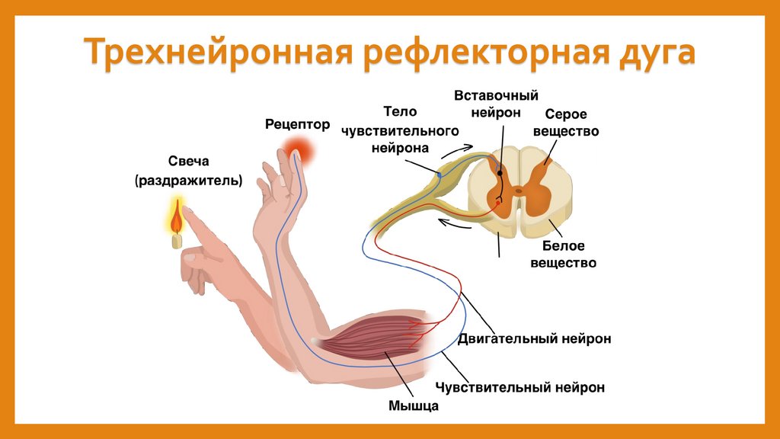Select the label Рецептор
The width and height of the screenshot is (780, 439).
pyautogui.click(x=298, y=123)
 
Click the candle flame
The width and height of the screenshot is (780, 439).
pyautogui.click(x=176, y=219)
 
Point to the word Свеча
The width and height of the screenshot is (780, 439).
pyautogui.click(x=188, y=162)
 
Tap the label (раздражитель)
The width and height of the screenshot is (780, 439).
pyautogui.click(x=188, y=181)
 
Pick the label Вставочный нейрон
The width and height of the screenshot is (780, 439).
pyautogui.click(x=496, y=104)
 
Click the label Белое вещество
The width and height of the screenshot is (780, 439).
pyautogui.click(x=569, y=255)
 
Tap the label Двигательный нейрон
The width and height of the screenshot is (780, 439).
pyautogui.click(x=534, y=338)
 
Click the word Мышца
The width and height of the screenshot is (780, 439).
pyautogui.click(x=414, y=405)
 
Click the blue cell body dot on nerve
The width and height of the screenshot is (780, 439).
pyautogui.click(x=440, y=176)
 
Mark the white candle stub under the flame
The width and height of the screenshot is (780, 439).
pyautogui.click(x=177, y=240)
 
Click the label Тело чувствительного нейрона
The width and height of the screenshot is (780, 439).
pyautogui.click(x=399, y=130)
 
